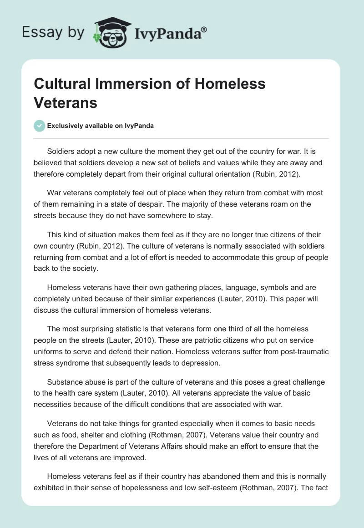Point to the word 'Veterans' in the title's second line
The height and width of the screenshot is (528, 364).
click(66, 102)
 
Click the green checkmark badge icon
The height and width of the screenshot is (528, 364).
click(40, 126)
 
